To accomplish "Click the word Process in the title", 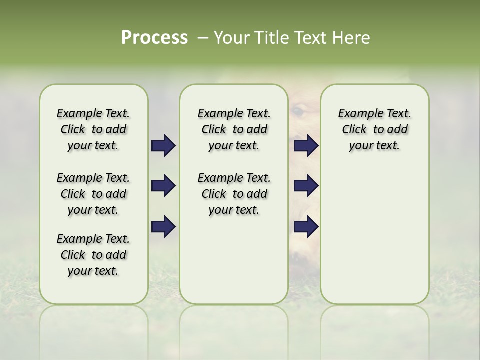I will click(x=154, y=38).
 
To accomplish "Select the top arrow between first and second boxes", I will click(x=163, y=146).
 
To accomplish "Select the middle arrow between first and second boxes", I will click(x=163, y=186).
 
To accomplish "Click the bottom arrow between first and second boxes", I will click(x=163, y=227).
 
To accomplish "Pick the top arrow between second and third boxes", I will click(x=306, y=146).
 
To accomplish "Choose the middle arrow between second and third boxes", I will click(x=306, y=186).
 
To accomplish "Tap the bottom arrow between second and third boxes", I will click(x=306, y=227).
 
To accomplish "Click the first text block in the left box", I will click(x=93, y=129).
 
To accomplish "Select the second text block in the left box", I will click(x=93, y=194).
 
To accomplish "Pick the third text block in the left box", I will click(x=93, y=255).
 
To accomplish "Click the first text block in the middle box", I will click(x=234, y=129).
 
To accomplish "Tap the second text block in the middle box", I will click(x=234, y=194).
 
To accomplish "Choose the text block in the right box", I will click(x=374, y=129).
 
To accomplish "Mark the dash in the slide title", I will click(x=203, y=38).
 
